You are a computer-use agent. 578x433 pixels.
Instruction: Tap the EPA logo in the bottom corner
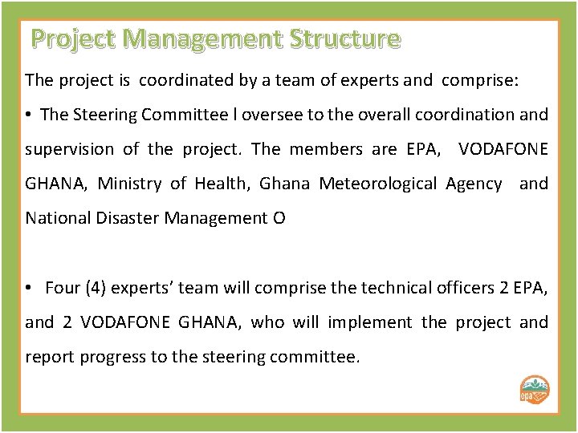(535, 391)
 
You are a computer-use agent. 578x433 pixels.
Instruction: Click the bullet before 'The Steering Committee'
(29, 115)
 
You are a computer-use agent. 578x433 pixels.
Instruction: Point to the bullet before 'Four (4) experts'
(29, 288)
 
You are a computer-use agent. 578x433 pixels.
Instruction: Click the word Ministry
(130, 184)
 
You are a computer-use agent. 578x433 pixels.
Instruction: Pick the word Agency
(473, 184)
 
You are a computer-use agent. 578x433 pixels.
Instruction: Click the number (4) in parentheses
(100, 288)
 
